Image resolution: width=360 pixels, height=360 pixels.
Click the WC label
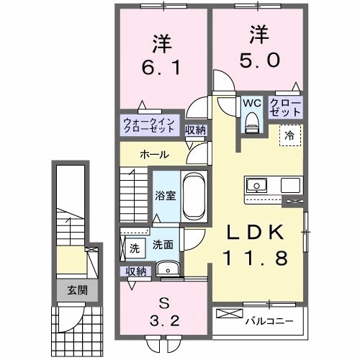click(x=251, y=103)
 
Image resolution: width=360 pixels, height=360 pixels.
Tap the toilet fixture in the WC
click(x=251, y=124)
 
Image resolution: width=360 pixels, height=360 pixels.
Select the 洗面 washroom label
click(x=162, y=245)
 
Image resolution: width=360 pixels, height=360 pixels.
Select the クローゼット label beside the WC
click(x=285, y=108)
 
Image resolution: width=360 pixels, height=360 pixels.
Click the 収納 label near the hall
click(x=194, y=130)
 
